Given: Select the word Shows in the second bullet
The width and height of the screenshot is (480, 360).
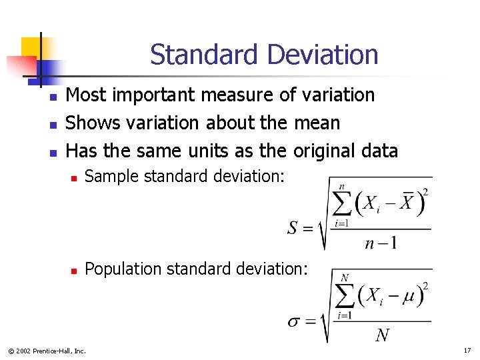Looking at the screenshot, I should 89,123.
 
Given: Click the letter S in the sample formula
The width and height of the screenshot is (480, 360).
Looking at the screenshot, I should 293,229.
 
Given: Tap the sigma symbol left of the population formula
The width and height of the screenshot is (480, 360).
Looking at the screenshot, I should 294,321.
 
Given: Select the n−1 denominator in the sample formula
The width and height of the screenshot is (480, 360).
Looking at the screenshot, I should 381,243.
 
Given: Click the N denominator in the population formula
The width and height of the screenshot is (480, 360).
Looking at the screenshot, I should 383,335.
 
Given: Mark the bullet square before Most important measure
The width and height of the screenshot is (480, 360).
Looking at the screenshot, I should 53,98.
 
